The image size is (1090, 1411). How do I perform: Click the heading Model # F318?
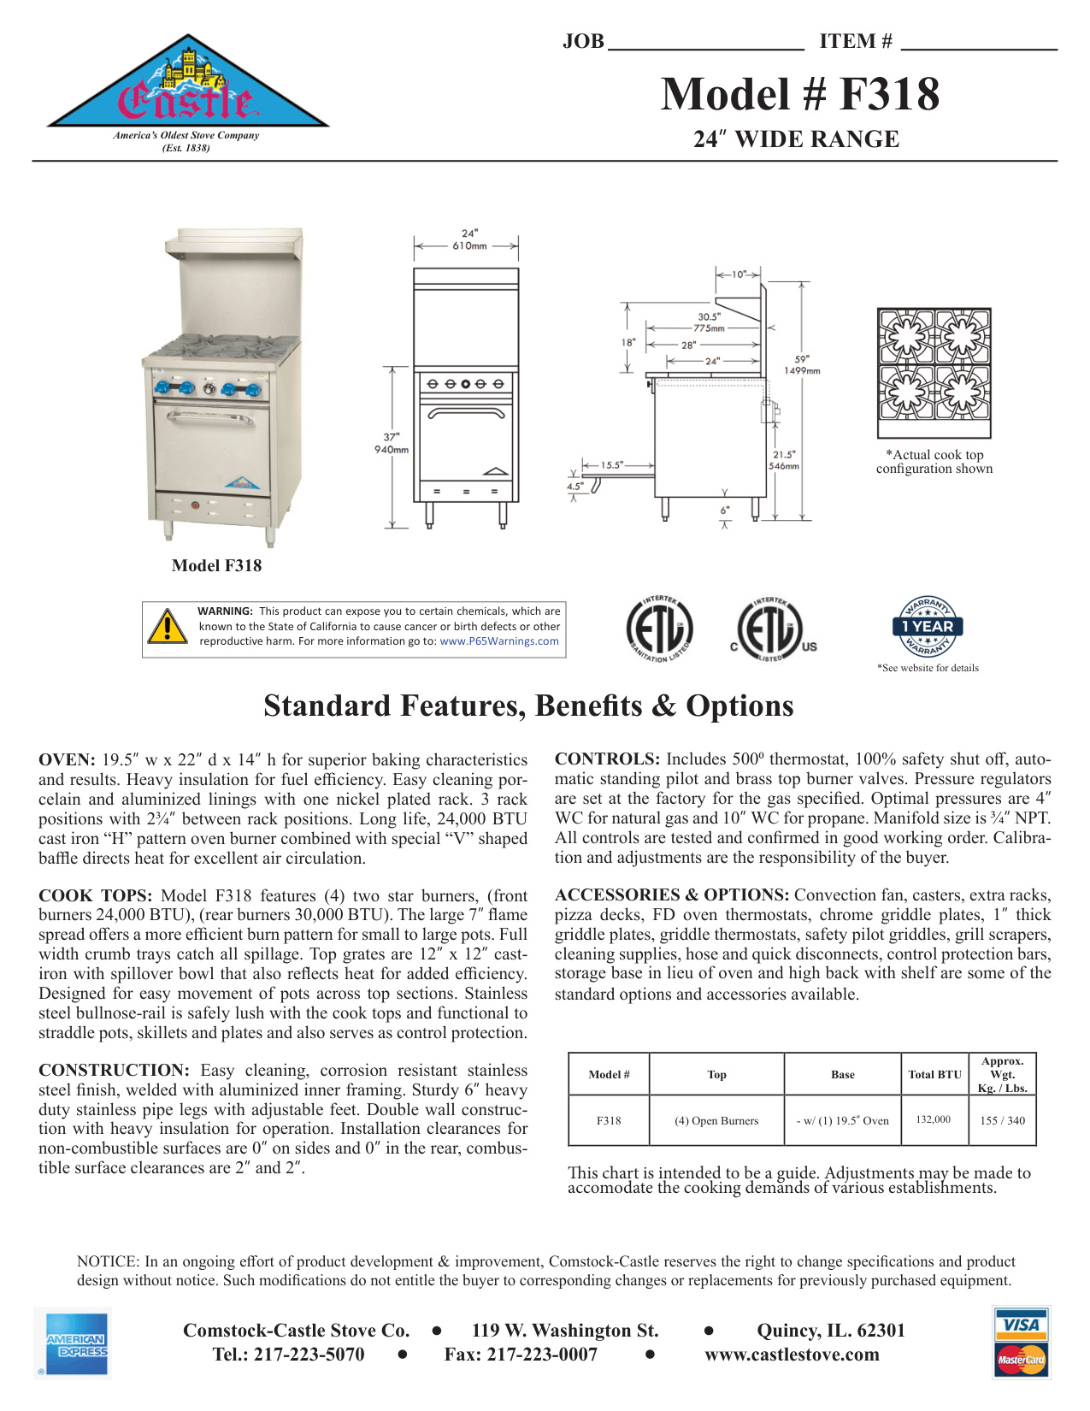pos(799,94)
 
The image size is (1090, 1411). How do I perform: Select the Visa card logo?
pos(1022,1325)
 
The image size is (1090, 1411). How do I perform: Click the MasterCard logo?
pos(1022,1360)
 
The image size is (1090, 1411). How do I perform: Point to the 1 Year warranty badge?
pos(928,626)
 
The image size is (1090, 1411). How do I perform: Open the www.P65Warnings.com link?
pos(499,641)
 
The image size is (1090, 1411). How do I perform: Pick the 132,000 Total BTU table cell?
pos(933,1119)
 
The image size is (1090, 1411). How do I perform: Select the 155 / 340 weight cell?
pos(1002,1120)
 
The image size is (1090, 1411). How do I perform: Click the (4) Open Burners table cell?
pos(716,1120)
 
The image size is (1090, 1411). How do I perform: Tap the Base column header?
pos(842,1075)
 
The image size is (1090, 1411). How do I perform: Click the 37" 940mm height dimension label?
pos(392,443)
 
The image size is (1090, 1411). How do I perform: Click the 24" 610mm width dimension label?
pos(469,239)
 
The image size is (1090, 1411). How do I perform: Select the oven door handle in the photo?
pos(209,417)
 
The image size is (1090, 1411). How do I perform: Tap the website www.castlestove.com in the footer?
pos(792,1355)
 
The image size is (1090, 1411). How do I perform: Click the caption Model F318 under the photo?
pos(216,565)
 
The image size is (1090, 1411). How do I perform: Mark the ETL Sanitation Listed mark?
pos(658,629)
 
